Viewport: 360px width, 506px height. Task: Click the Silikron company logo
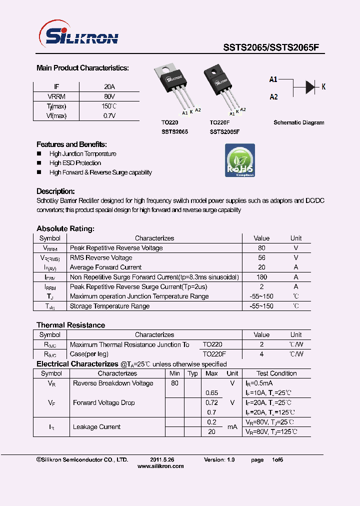78,36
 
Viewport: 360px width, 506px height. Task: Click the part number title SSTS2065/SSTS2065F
270,47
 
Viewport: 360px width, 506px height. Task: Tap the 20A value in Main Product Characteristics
109,86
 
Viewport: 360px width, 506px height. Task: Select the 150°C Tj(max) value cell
109,106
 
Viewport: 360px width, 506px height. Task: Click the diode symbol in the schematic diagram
310,87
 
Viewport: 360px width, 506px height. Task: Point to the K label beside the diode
323,87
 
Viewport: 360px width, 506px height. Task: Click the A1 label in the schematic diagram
273,79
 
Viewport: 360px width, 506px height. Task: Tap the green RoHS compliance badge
240,160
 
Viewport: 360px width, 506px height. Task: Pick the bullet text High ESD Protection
75,163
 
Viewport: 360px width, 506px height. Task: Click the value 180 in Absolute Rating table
261,277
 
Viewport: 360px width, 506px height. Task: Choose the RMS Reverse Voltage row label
101,257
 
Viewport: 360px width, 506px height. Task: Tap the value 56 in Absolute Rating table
261,257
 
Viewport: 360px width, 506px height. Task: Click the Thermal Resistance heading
70,325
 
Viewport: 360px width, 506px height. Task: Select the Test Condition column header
276,373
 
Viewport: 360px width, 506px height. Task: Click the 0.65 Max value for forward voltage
211,393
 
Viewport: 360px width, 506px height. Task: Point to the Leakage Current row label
96,427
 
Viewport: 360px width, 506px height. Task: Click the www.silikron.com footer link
160,466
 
